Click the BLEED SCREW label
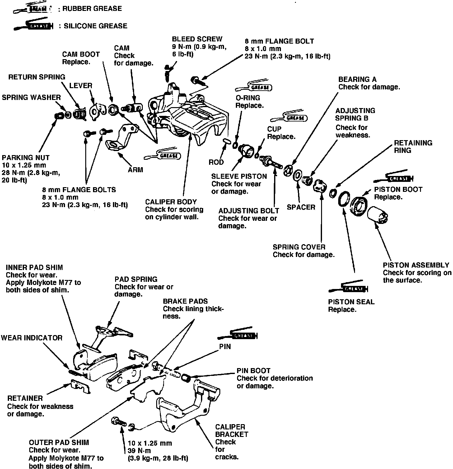pyautogui.click(x=197, y=39)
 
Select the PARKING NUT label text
pyautogui.click(x=26, y=158)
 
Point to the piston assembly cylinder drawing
pyautogui.click(x=377, y=215)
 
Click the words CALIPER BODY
pyautogui.click(x=171, y=202)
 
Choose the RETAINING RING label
pyautogui.click(x=413, y=147)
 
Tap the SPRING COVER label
pyautogui.click(x=299, y=247)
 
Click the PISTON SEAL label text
pyautogui.click(x=351, y=302)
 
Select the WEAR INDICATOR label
pyautogui.click(x=32, y=338)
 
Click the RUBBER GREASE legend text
pyautogui.click(x=92, y=9)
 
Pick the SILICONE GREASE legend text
pyautogui.click(x=95, y=26)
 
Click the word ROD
pyautogui.click(x=216, y=162)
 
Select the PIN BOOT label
pyautogui.click(x=254, y=371)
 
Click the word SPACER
pyautogui.click(x=301, y=207)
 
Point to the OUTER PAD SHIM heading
pyautogui.click(x=59, y=443)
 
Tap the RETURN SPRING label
pyautogui.click(x=37, y=77)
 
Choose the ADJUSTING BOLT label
pyautogui.click(x=249, y=211)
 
